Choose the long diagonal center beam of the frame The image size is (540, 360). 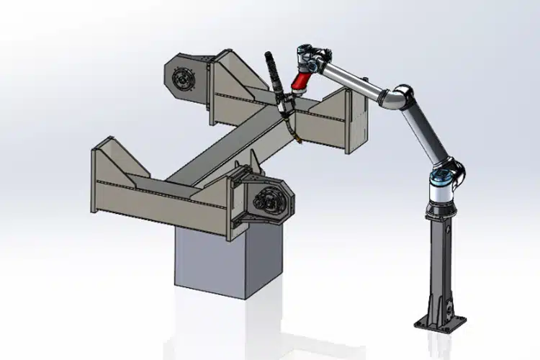click(x=216, y=151)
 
